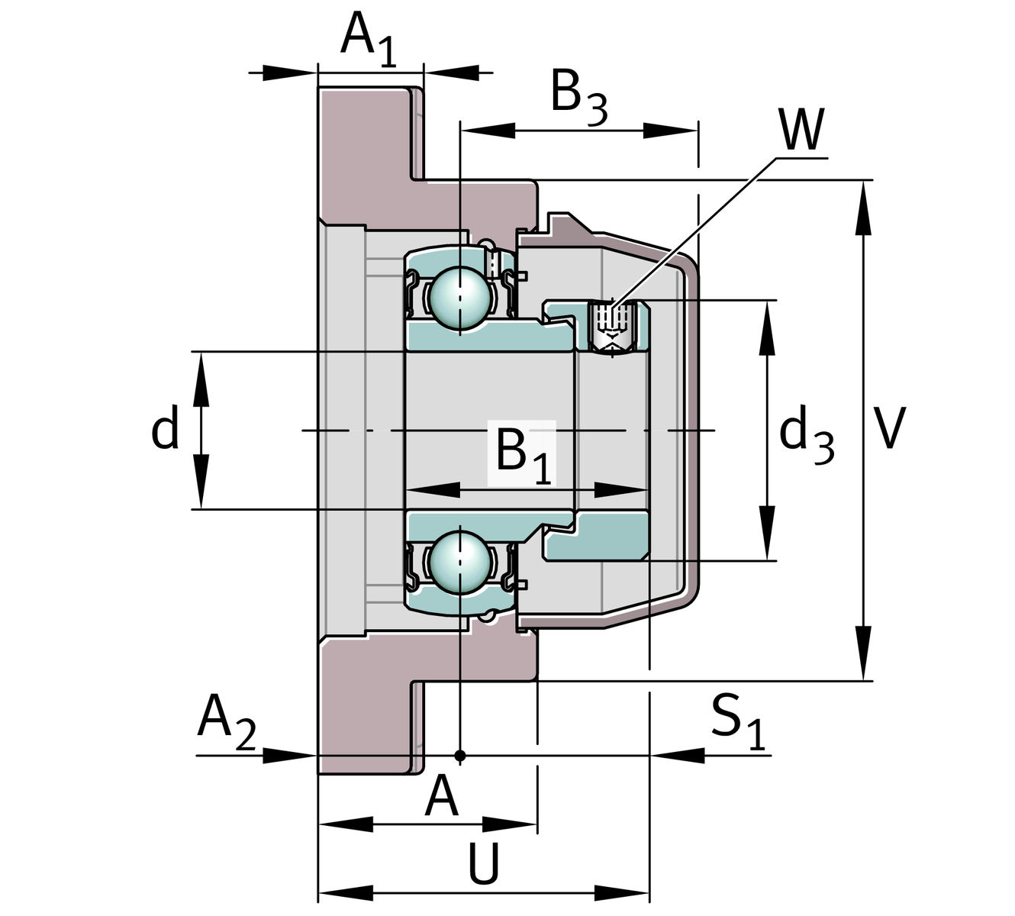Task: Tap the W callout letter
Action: [801, 131]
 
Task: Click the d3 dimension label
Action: [806, 437]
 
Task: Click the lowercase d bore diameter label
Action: [165, 429]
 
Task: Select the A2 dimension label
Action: [226, 721]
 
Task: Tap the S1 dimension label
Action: [737, 721]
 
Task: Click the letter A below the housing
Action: [442, 797]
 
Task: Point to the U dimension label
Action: [483, 864]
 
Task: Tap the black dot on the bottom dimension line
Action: [459, 756]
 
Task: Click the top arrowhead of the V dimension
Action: [864, 206]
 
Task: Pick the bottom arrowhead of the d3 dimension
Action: [768, 534]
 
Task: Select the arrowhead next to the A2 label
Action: [291, 756]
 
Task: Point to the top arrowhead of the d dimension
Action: [201, 378]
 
